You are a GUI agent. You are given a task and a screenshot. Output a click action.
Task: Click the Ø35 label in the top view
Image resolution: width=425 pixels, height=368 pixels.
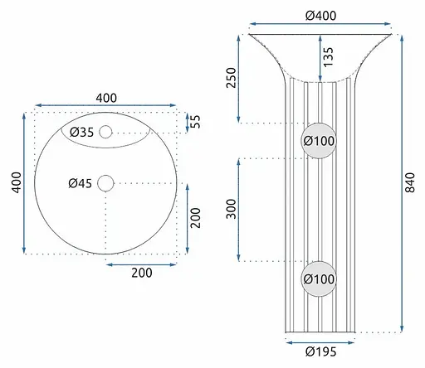pyautogui.click(x=81, y=133)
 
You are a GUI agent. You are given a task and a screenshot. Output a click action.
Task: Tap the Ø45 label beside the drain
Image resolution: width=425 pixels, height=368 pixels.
pyautogui.click(x=80, y=183)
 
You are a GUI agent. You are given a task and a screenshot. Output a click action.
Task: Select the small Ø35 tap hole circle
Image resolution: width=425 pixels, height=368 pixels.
pyautogui.click(x=105, y=132)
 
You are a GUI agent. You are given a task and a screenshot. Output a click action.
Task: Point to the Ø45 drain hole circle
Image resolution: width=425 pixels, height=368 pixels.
pyautogui.click(x=105, y=183)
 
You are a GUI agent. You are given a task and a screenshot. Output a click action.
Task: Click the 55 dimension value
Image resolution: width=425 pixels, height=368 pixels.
pyautogui.click(x=195, y=122)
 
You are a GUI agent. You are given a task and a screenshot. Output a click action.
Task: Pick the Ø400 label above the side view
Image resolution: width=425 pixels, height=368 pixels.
pyautogui.click(x=321, y=16)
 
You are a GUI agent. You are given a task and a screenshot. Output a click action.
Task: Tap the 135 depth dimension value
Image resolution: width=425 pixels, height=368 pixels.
pyautogui.click(x=328, y=57)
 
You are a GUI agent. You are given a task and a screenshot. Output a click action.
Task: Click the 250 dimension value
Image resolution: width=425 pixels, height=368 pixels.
pyautogui.click(x=232, y=78)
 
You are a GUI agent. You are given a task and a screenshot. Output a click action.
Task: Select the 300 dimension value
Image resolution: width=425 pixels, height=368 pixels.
pyautogui.click(x=232, y=209)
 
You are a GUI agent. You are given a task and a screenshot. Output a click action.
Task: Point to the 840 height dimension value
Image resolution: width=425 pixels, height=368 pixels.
pyautogui.click(x=410, y=182)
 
